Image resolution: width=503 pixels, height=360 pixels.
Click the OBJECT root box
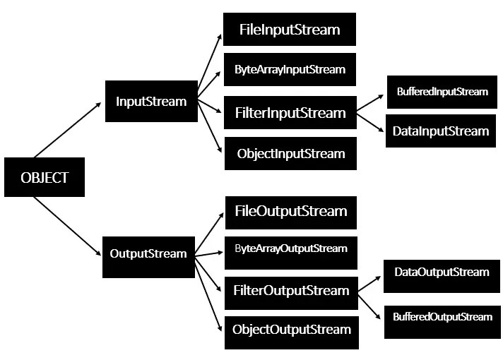[x=45, y=177]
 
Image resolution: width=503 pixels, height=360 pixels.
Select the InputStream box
[x=151, y=102]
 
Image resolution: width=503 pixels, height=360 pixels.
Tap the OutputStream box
[x=148, y=253]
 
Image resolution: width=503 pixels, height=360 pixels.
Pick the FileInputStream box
[x=290, y=30]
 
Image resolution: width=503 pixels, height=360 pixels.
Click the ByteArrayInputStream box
[x=290, y=70]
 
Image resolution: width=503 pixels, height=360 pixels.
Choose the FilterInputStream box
[x=290, y=113]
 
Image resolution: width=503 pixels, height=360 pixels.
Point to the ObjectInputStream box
[x=290, y=154]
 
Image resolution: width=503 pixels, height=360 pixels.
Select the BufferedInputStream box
[x=442, y=92]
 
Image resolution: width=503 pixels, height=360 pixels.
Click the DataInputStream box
[x=442, y=131]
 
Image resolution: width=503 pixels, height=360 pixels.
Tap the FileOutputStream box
[x=291, y=212]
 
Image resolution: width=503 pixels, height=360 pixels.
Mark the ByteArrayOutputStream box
[x=291, y=249]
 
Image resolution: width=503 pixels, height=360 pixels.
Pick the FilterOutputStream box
[x=291, y=291]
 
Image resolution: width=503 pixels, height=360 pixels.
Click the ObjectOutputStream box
[x=291, y=330]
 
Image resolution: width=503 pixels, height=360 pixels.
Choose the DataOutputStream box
[x=442, y=272]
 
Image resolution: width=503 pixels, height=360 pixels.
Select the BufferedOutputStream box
[x=442, y=317]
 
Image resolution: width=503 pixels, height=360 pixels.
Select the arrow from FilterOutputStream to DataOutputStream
[x=369, y=282]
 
